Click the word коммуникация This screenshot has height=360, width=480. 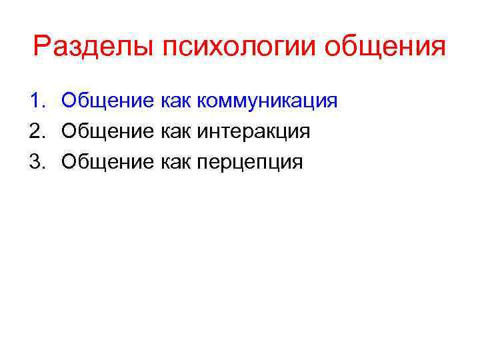coord(267,102)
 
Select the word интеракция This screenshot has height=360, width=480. coord(253,132)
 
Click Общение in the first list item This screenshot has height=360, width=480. coord(107,102)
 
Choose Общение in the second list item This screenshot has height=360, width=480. coord(107,132)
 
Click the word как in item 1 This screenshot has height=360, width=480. coord(175,102)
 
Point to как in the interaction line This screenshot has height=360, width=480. coord(175,132)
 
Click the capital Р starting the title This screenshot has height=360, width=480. coord(41,47)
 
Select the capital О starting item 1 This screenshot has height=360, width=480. coord(69,101)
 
